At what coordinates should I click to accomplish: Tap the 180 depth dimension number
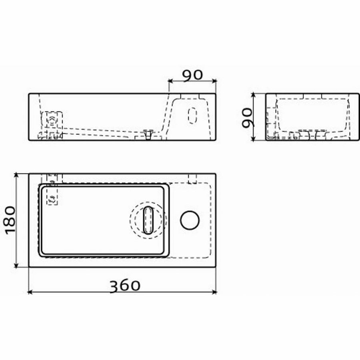pos(9,220)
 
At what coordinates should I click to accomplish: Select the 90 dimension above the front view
pos(193,75)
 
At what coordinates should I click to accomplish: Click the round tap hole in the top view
pos(190,220)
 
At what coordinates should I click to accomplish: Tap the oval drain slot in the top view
pos(148,220)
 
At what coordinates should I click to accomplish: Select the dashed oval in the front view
pos(193,115)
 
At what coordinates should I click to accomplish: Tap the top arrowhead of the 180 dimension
pos(16,175)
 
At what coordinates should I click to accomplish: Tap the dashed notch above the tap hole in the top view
pos(192,178)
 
